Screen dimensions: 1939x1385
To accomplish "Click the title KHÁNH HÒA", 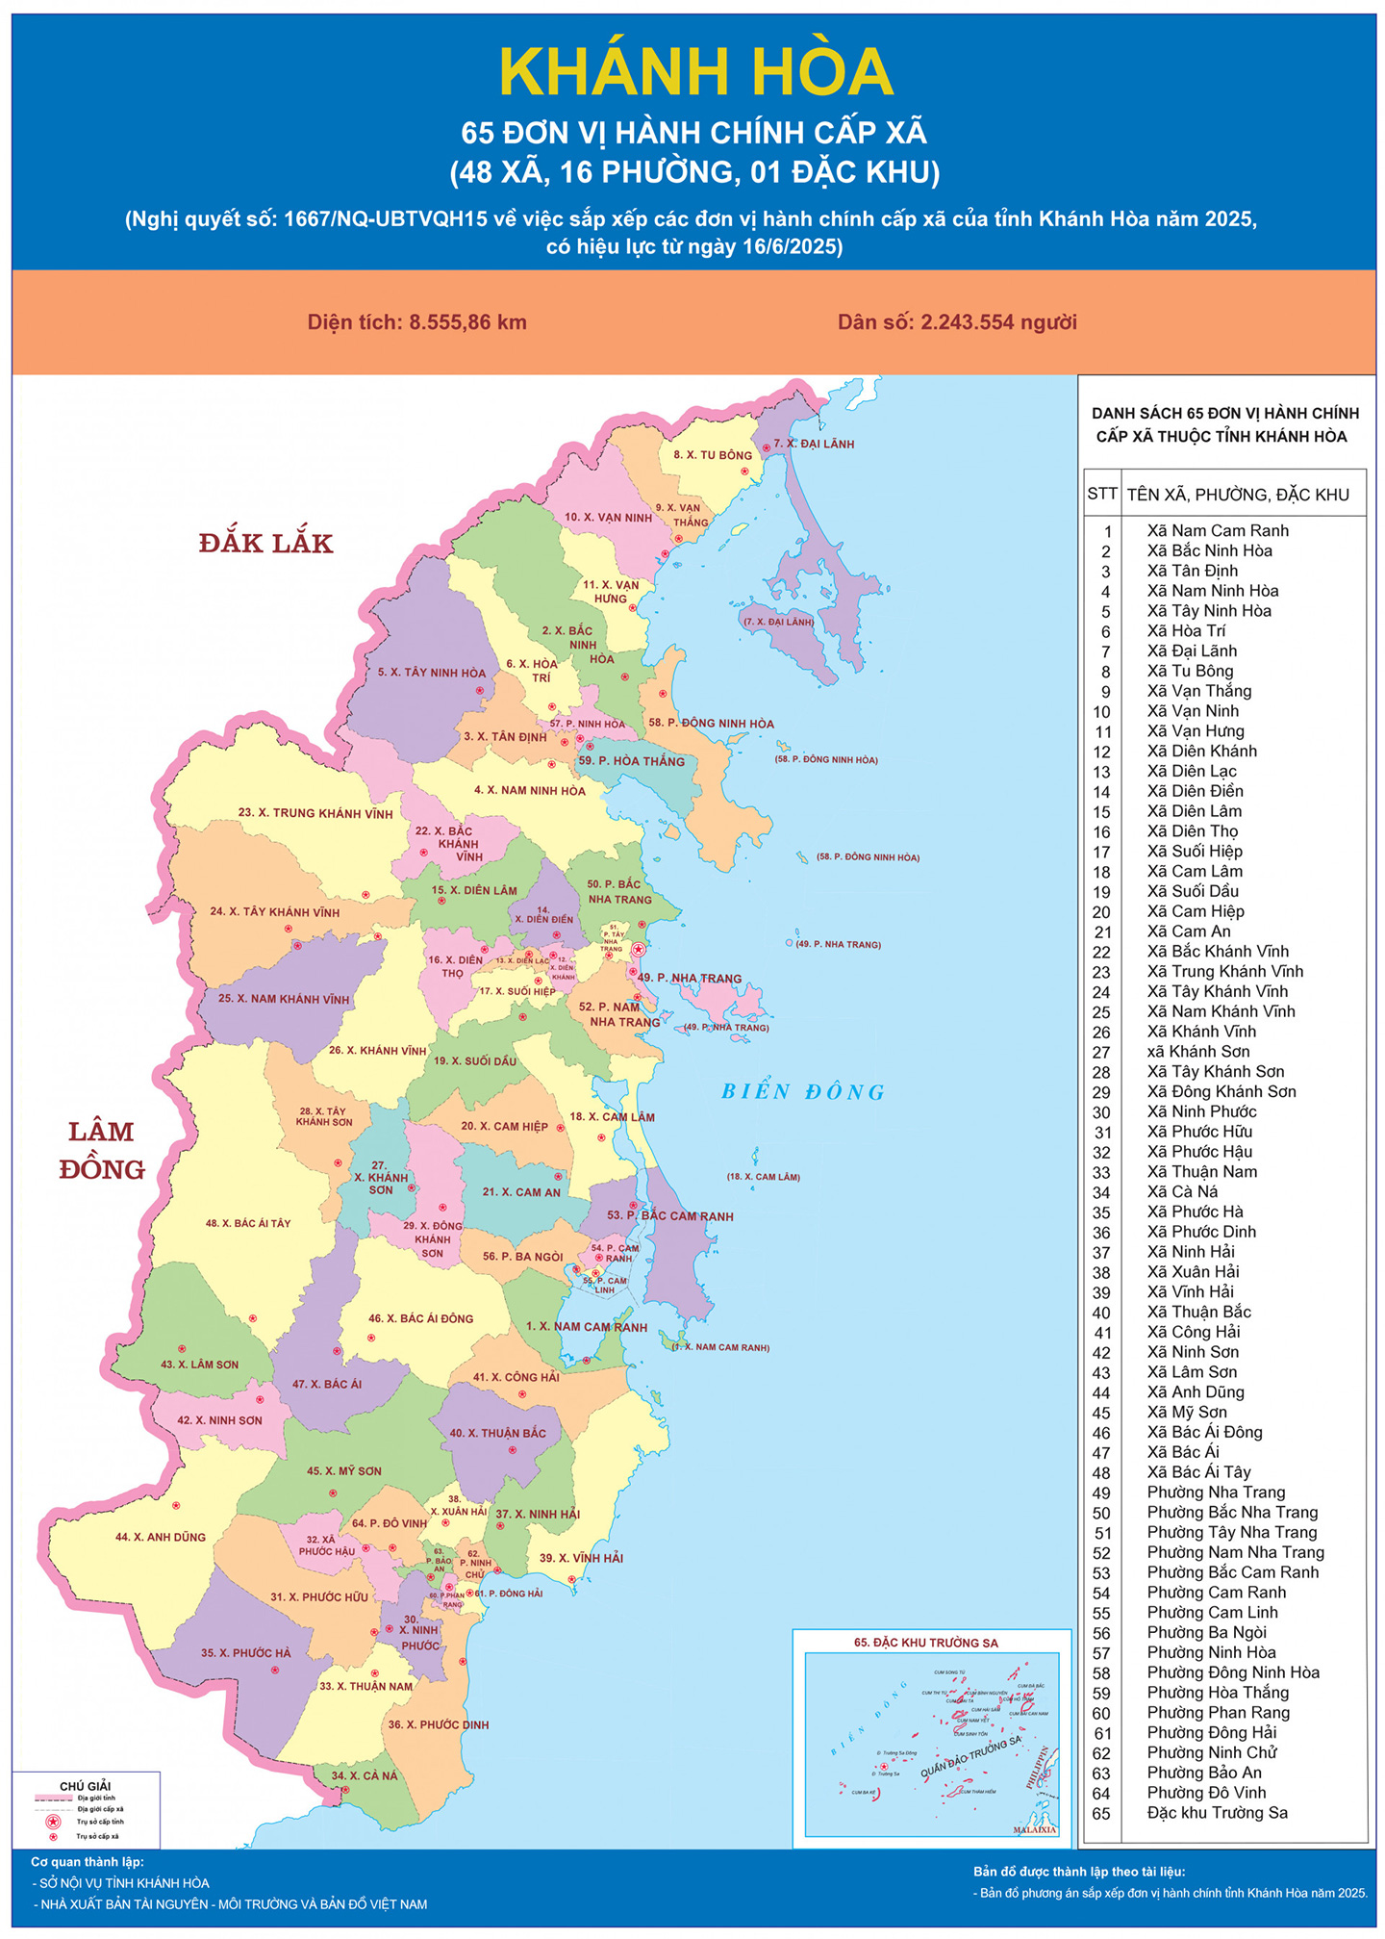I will (x=695, y=72).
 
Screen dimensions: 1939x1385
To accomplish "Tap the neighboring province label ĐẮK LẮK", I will (x=265, y=544).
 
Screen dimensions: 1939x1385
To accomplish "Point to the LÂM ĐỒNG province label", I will (x=102, y=1150).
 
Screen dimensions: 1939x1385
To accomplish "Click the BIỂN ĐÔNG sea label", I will (x=803, y=1092).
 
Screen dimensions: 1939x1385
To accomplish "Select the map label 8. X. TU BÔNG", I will (x=713, y=455).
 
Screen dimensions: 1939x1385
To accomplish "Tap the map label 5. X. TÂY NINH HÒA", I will (x=432, y=673).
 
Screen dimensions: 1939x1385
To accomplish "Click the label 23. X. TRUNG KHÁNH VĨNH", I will (x=315, y=813).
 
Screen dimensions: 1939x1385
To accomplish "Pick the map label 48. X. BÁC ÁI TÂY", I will (x=248, y=1223).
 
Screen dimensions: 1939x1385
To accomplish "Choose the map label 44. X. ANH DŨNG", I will (x=161, y=1537).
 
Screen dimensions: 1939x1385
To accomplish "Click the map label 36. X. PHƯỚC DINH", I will (x=439, y=1724).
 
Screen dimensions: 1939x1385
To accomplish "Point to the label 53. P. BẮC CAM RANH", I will (x=669, y=1215).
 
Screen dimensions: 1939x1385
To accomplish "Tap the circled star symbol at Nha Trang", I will (x=638, y=949).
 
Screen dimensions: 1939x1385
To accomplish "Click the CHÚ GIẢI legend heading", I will (x=86, y=1785).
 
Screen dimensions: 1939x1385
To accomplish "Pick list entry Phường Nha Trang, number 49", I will (x=1216, y=1492).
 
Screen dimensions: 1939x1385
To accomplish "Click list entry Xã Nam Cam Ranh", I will (x=1217, y=530).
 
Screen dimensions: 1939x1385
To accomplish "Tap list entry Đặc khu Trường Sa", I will (x=1217, y=1812).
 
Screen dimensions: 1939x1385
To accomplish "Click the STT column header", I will (x=1102, y=494).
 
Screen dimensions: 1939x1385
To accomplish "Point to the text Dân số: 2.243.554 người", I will (x=957, y=322).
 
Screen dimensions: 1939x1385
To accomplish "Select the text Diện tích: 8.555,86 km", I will (x=416, y=322).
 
